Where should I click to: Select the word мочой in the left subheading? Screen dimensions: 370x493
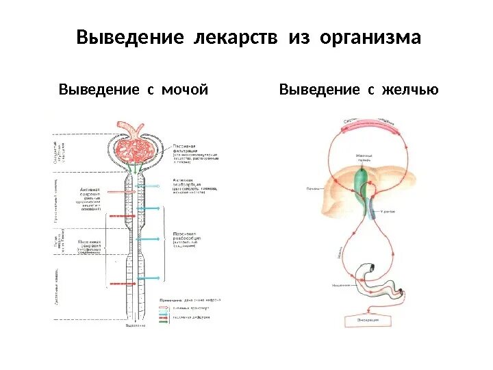point(184,90)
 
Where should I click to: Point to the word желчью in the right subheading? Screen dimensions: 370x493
point(404,90)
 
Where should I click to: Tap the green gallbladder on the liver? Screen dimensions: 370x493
point(362,179)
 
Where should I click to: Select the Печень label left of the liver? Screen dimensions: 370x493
point(313,188)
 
